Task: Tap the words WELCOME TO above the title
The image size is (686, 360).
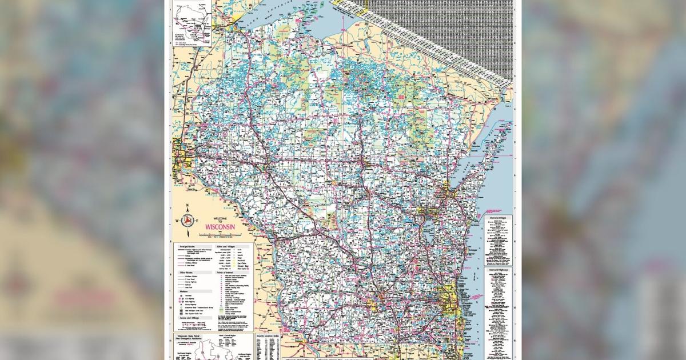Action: point(221,220)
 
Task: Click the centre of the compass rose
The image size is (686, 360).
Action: point(187,221)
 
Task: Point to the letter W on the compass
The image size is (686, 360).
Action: point(177,221)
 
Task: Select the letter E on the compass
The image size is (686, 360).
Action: point(197,221)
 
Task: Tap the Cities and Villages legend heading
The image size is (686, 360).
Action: point(226,246)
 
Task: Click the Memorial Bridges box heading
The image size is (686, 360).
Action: point(498,218)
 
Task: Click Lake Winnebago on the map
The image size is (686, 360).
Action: point(428,240)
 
